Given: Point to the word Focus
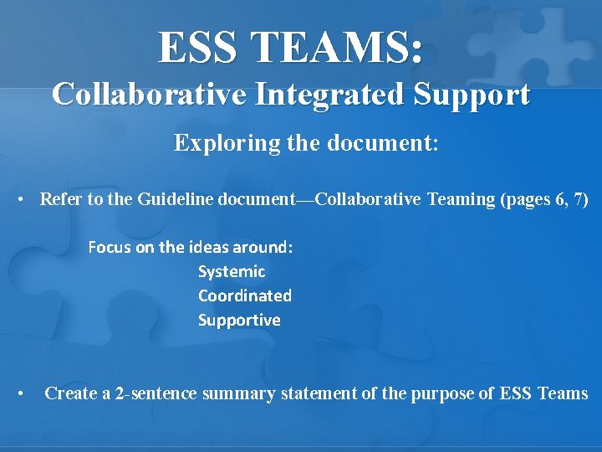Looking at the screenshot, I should (110, 247).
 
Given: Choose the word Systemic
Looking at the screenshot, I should (232, 271).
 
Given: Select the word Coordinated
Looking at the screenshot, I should (245, 295).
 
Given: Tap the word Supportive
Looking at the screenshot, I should (239, 320).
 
